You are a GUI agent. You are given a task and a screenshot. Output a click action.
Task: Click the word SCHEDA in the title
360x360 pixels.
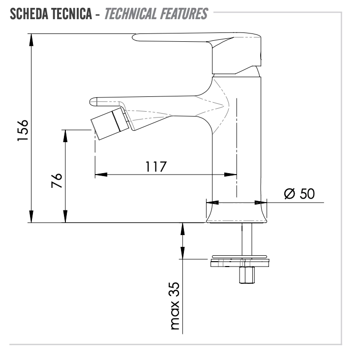tap(29, 14)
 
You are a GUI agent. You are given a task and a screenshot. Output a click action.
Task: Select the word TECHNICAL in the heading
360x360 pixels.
tap(130, 14)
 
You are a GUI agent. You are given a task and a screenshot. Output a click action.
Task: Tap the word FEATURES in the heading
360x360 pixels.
tap(183, 14)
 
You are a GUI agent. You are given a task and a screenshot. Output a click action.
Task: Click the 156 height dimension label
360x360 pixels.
tap(23, 130)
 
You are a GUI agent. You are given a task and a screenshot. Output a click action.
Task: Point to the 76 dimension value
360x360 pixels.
tap(57, 180)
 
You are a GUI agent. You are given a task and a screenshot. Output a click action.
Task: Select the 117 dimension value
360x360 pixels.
tap(156, 167)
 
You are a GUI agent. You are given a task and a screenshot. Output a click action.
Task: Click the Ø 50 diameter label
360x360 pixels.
tap(300, 193)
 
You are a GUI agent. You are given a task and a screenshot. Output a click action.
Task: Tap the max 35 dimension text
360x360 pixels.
tap(175, 306)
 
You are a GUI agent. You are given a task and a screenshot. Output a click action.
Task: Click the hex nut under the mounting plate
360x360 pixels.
tap(246, 275)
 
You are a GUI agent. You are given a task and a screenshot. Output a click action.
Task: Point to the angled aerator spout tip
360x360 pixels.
tap(110, 123)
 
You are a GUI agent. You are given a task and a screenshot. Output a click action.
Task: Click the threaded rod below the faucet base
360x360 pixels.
tap(246, 239)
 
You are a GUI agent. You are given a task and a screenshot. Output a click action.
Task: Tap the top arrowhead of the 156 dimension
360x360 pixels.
tap(31, 40)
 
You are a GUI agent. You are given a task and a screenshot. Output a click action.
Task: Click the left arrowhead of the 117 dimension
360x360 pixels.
tap(101, 175)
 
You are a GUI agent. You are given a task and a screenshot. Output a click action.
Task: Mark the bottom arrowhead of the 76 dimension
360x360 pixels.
tap(65, 216)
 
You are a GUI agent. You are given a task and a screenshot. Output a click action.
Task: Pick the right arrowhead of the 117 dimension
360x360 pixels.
tap(230, 175)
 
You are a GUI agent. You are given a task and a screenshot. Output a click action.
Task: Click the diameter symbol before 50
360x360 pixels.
tap(289, 194)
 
